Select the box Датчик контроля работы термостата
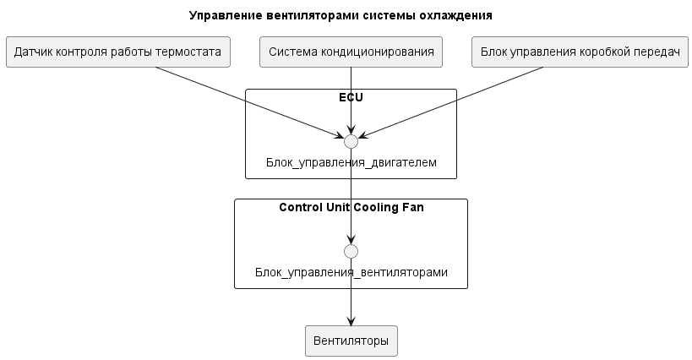click(118, 52)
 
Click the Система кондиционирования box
click(351, 52)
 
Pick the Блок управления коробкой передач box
click(580, 52)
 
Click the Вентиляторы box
click(351, 341)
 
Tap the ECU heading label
click(351, 97)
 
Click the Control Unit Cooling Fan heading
click(351, 207)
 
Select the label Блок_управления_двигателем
click(351, 163)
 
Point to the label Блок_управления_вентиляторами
click(351, 273)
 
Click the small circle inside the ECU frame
click(351, 142)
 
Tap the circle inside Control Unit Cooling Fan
click(351, 252)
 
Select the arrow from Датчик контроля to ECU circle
click(250, 103)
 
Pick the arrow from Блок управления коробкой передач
click(450, 103)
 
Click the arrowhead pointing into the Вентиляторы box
click(351, 321)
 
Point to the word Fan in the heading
click(415, 207)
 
